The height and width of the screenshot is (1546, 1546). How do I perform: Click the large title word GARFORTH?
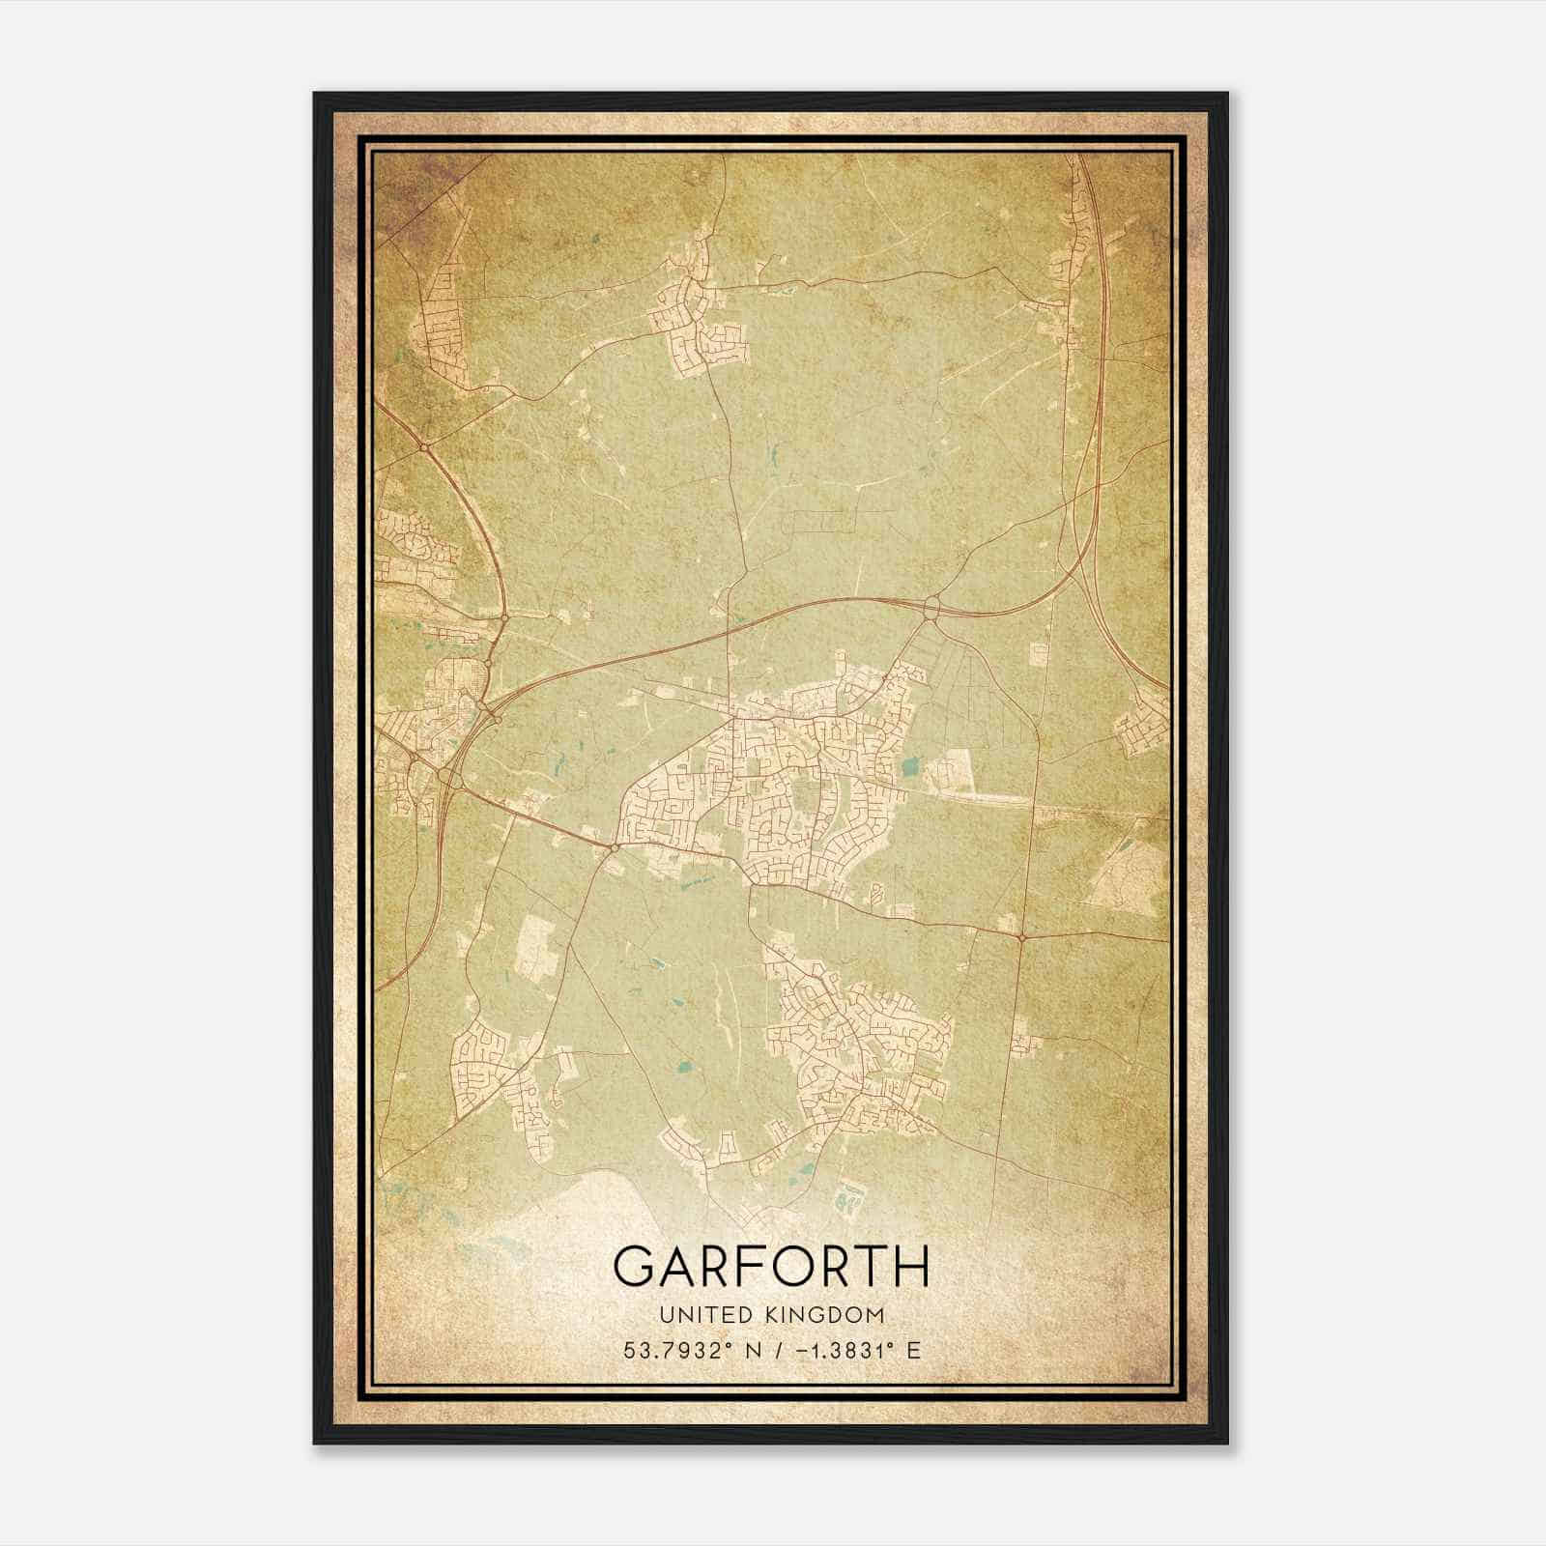pos(771,1266)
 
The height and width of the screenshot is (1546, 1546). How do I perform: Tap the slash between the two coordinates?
pos(767,1351)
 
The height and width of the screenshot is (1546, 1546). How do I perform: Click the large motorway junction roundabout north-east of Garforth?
pos(931,608)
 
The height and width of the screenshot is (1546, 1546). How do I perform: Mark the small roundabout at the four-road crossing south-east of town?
pos(1021,936)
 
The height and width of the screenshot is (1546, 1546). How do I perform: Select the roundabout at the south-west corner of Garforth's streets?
pos(614,847)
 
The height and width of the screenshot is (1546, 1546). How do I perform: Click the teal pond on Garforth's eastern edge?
pos(909,769)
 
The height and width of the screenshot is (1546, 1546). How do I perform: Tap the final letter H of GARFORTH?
pos(912,1266)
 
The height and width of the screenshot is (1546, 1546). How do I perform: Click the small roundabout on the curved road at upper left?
pos(424,447)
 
